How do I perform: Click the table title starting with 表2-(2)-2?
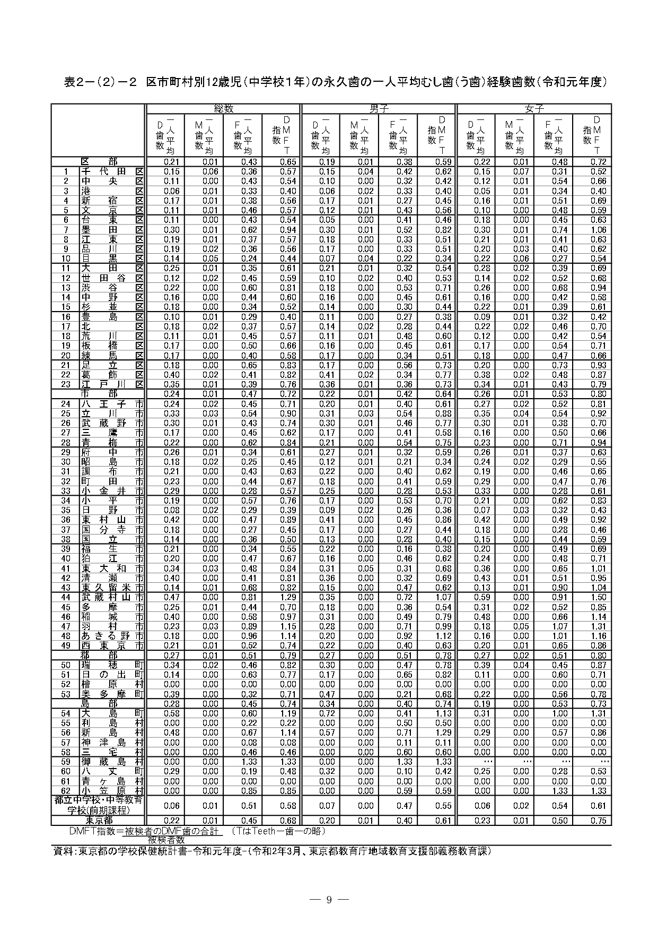point(335,82)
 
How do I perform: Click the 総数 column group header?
point(223,109)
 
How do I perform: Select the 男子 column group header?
point(379,109)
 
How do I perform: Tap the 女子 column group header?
point(534,109)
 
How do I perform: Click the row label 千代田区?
point(112,171)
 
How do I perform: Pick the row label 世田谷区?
point(112,278)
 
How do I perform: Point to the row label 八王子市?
point(112,404)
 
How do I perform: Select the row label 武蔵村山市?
point(112,598)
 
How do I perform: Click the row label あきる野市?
point(112,636)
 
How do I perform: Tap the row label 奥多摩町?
point(112,694)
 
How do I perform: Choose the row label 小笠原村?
point(112,791)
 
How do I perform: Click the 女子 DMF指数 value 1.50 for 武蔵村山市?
point(598,598)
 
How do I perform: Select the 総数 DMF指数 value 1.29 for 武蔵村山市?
point(287,598)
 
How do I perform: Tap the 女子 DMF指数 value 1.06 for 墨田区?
point(598,230)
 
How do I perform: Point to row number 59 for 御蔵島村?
point(66,762)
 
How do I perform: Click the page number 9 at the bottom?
point(329,900)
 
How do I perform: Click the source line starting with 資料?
point(273,851)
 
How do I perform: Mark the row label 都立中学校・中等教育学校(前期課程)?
point(99,806)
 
